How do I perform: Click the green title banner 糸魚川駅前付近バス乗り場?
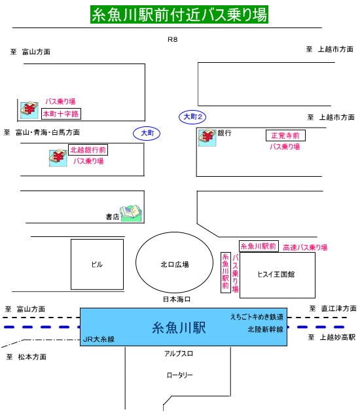179,14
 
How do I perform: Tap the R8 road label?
173,39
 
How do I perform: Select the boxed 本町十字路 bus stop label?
61,114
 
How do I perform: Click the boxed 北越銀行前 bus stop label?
88,150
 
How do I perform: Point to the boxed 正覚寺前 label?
285,136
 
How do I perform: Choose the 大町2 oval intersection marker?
192,117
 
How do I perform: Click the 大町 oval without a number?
147,133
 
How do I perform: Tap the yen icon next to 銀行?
207,137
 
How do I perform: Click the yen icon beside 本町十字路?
29,110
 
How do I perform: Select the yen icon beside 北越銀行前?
58,158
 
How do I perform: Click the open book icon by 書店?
131,213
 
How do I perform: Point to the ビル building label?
97,264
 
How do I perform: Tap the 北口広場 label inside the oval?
175,264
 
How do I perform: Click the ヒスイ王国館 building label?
276,274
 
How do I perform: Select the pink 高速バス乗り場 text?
305,247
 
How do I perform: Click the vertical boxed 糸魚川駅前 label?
226,272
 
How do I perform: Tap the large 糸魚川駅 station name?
179,327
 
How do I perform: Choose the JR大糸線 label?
99,339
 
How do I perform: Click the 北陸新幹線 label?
265,329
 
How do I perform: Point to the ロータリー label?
180,375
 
